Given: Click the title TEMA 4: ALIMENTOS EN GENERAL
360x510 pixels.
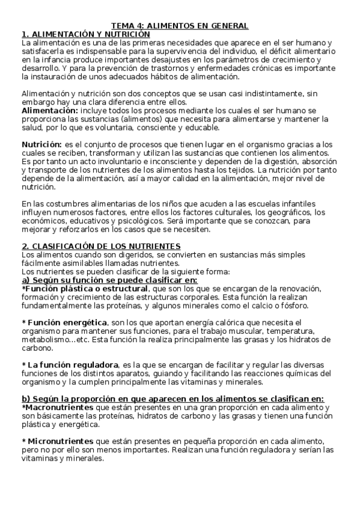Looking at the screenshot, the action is point(180,26).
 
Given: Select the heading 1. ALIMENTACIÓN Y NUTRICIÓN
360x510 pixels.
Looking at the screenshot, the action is point(86,34).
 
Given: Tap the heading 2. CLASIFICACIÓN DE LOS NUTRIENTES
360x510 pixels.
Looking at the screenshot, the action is point(101,247).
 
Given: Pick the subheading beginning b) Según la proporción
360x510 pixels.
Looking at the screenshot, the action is point(173,399).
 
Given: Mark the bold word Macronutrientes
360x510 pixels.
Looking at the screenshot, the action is point(59,407).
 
